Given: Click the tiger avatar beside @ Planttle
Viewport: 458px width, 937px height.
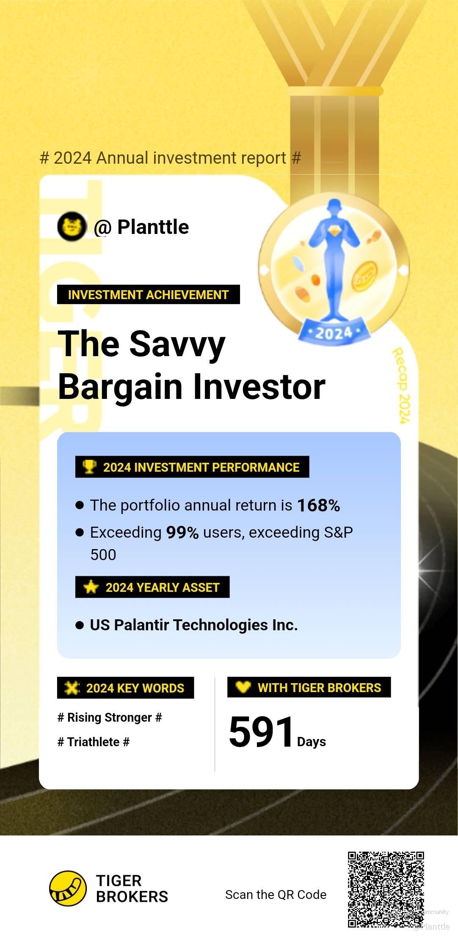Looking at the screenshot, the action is click(x=72, y=227).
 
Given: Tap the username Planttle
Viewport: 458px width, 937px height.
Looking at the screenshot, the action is click(x=153, y=227).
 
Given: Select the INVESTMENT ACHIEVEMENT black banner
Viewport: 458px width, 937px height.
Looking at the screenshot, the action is click(x=149, y=294).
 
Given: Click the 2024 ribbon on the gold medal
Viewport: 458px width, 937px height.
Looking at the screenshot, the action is click(x=334, y=332).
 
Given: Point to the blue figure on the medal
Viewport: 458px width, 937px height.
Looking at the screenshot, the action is click(x=334, y=258).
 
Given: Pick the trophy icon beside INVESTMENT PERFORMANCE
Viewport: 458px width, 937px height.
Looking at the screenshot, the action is click(x=89, y=467).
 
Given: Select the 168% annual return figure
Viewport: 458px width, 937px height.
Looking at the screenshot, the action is click(x=319, y=505).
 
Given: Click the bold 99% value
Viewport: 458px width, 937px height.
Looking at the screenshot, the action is click(x=182, y=532).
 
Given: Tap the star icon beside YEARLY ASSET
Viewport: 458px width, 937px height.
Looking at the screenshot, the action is click(x=91, y=587).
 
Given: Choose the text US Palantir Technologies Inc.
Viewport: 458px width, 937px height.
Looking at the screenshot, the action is click(x=194, y=625).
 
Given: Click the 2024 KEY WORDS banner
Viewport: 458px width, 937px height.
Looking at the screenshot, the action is click(x=126, y=688).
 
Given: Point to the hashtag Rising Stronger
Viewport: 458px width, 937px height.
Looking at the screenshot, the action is click(x=110, y=717).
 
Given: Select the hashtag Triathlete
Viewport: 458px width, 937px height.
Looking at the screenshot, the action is click(x=94, y=742).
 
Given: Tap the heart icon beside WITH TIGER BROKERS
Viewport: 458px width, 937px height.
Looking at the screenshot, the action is click(x=243, y=687).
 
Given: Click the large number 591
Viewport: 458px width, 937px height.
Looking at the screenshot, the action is click(x=261, y=732).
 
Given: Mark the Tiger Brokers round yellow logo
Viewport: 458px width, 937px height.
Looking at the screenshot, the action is click(x=68, y=888).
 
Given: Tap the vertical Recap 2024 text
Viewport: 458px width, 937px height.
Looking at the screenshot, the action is click(x=400, y=385).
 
